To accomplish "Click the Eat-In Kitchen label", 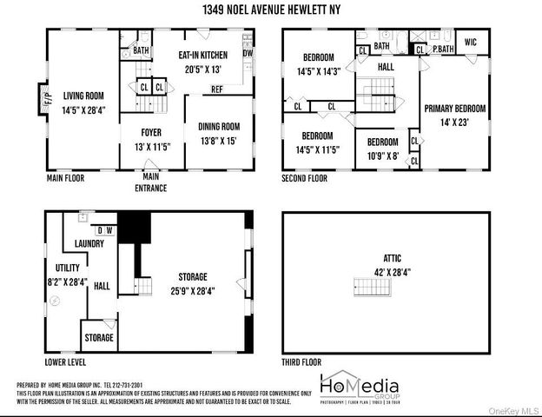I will pos(202,54).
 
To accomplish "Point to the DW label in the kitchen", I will pos(248,53).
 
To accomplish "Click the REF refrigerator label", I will pos(216,89).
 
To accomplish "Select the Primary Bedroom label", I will pos(454,109).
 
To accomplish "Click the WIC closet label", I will pos(471,41).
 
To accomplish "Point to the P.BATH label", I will pos(441,49).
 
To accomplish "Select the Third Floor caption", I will pos(301,361).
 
